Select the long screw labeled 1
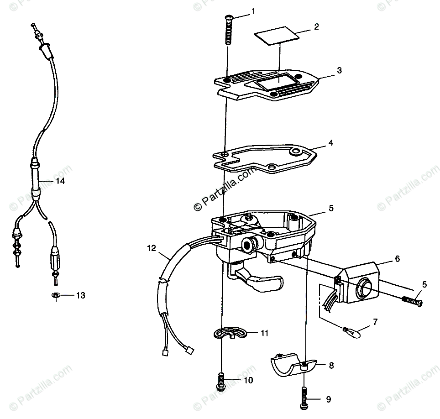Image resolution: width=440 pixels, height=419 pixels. click(229, 28)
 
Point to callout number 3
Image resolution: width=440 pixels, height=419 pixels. click(338, 71)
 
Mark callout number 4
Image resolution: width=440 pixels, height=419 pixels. click(330, 143)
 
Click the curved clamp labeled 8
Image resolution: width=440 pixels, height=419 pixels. click(292, 367)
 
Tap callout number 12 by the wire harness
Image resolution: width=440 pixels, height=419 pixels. click(152, 249)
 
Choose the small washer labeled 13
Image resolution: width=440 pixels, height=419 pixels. click(55, 296)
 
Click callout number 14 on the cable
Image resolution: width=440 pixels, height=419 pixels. click(60, 181)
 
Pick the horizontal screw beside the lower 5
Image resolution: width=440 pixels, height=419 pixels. click(412, 301)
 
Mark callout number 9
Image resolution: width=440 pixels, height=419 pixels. click(328, 400)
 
